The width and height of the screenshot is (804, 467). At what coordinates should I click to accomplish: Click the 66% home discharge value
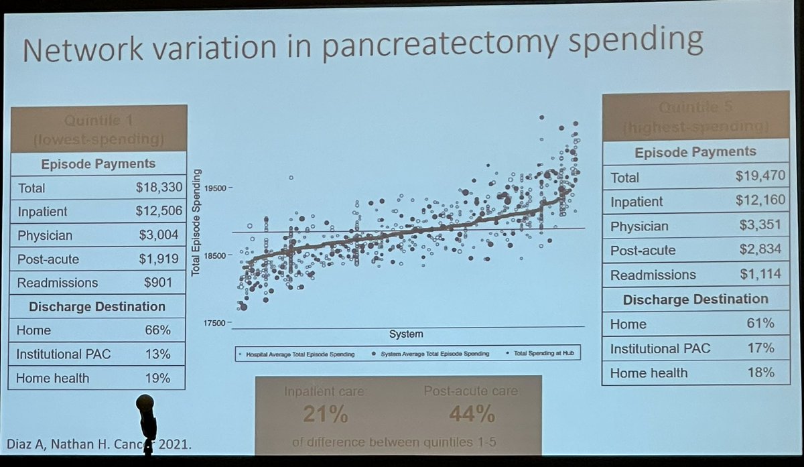(x=158, y=330)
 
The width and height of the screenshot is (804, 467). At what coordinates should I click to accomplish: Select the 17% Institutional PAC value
(x=762, y=348)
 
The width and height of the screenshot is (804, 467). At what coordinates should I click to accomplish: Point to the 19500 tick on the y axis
(x=214, y=188)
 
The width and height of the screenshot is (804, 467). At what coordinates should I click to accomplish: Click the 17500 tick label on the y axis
(x=214, y=324)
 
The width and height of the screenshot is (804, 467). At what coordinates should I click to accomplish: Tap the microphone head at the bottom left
(x=145, y=405)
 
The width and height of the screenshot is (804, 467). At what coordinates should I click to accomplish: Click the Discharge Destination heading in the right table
(x=695, y=299)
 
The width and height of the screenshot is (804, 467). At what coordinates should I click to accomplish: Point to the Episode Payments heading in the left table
(x=98, y=163)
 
